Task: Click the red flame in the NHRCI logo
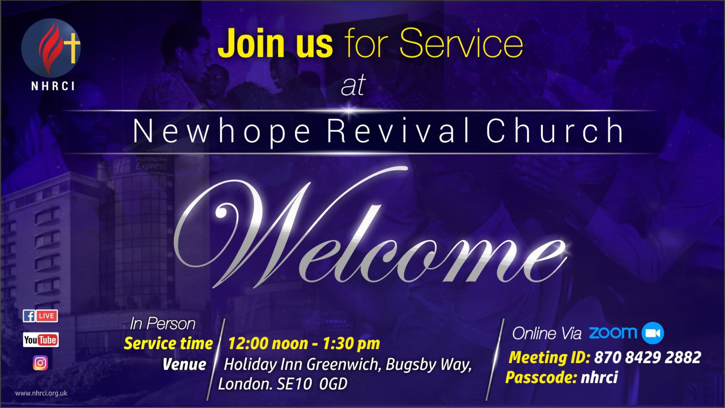tap(49, 47)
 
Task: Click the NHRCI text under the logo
tap(53, 86)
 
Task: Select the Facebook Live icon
tap(40, 316)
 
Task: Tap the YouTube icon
tap(41, 340)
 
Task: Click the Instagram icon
tap(40, 363)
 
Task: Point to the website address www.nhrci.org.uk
tap(41, 394)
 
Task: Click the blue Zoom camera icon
tap(653, 333)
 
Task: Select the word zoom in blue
tap(613, 333)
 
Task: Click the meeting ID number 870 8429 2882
tap(648, 358)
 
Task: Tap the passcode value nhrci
tap(599, 377)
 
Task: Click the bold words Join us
tap(275, 43)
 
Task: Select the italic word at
tap(353, 86)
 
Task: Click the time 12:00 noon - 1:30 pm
tap(304, 344)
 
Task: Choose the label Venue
tap(184, 365)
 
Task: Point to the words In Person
tap(163, 324)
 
